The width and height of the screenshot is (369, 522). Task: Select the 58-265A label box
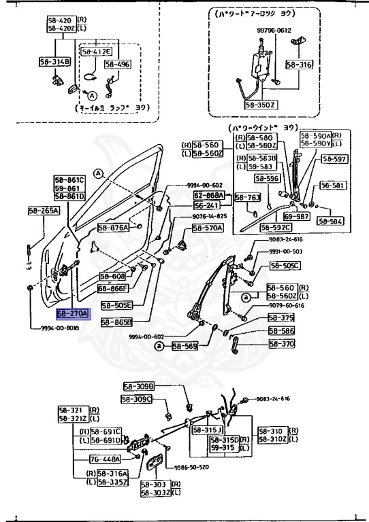click(44, 211)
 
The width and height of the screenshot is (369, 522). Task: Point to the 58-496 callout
click(118, 65)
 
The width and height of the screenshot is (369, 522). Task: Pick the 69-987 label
click(298, 215)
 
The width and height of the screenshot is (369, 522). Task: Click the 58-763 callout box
click(248, 198)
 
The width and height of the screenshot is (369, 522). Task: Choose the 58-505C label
click(284, 266)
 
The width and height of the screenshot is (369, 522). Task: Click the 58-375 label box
click(281, 317)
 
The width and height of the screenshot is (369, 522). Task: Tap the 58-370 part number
click(282, 344)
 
